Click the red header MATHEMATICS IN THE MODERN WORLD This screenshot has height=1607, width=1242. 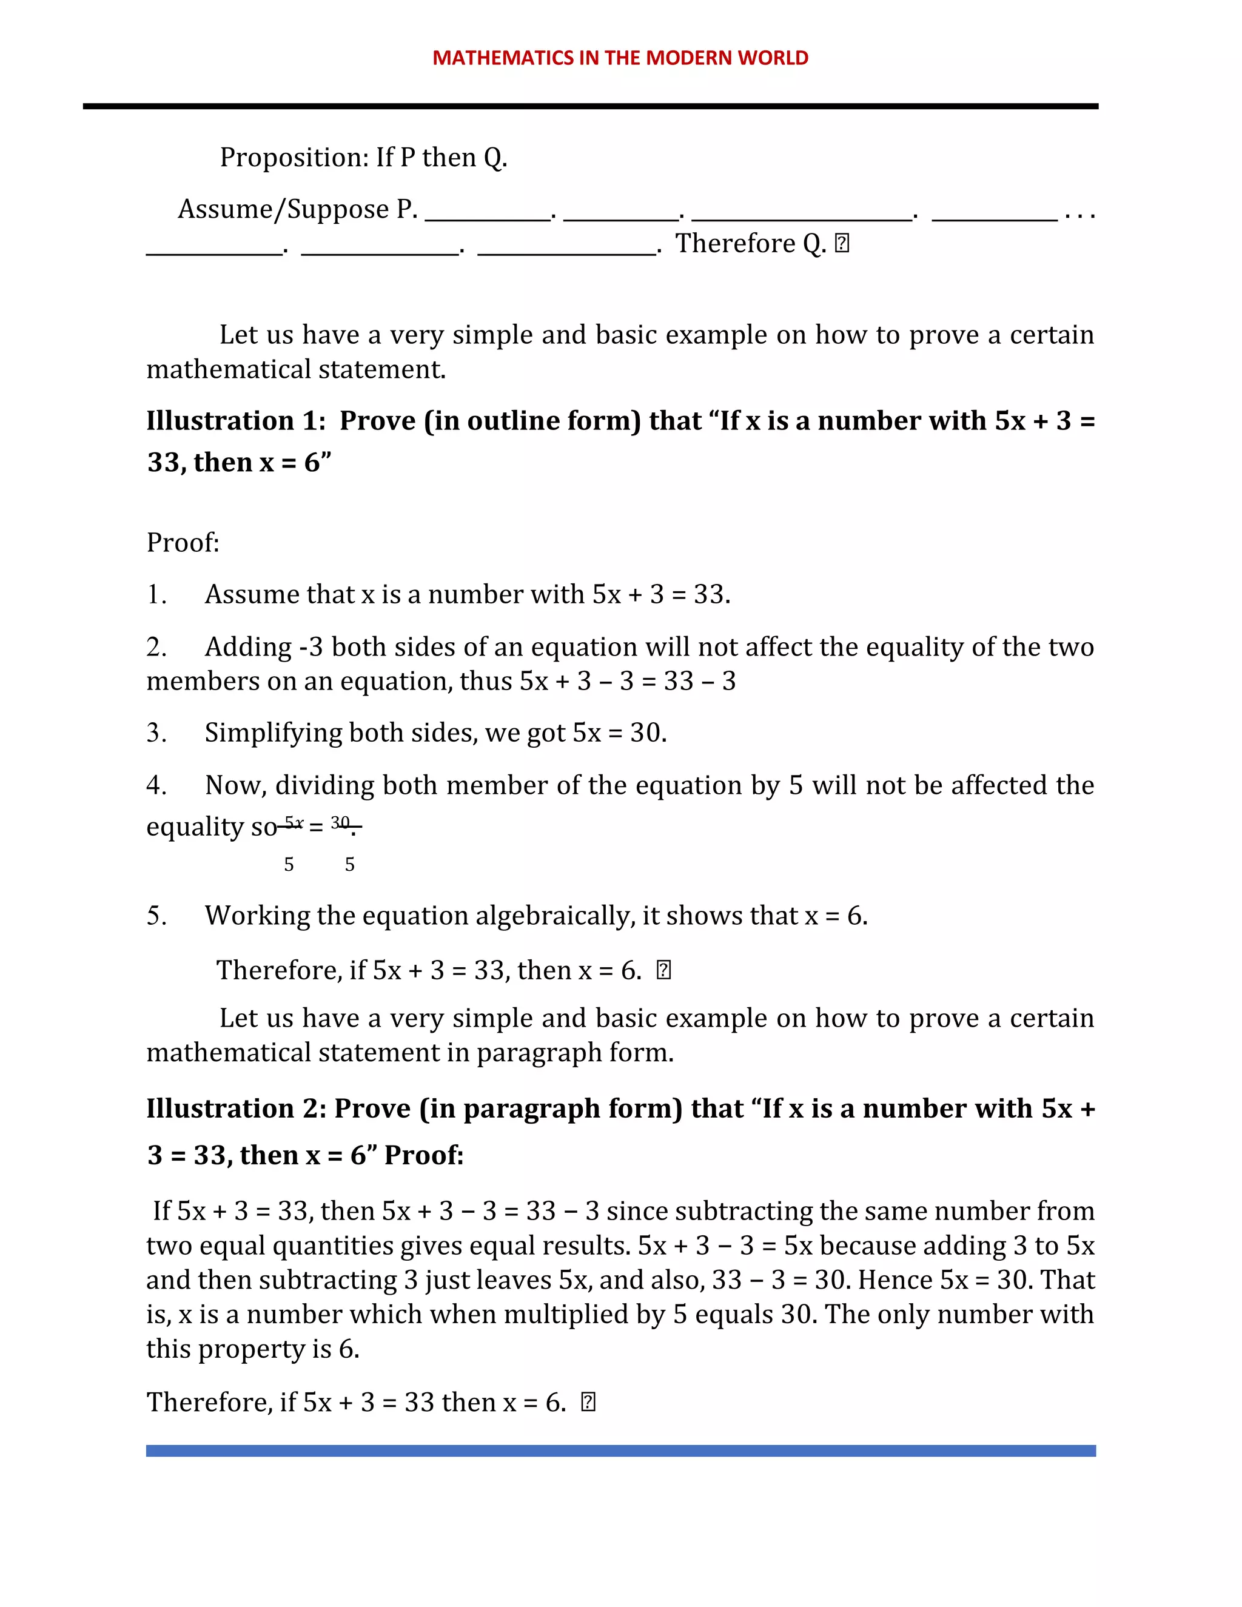pos(620,58)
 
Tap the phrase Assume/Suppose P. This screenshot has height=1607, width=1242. pos(297,210)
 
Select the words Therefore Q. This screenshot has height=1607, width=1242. pos(751,244)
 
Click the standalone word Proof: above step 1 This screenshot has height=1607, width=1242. pos(183,543)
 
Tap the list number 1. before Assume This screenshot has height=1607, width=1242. pos(156,594)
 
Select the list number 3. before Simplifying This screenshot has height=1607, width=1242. pos(156,733)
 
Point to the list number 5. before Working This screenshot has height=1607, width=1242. pos(156,916)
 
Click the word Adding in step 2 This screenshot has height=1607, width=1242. pos(248,648)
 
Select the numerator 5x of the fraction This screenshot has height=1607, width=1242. pos(294,822)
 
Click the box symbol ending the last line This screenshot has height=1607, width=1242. pos(588,1403)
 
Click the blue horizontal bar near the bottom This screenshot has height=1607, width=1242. pos(620,1451)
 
